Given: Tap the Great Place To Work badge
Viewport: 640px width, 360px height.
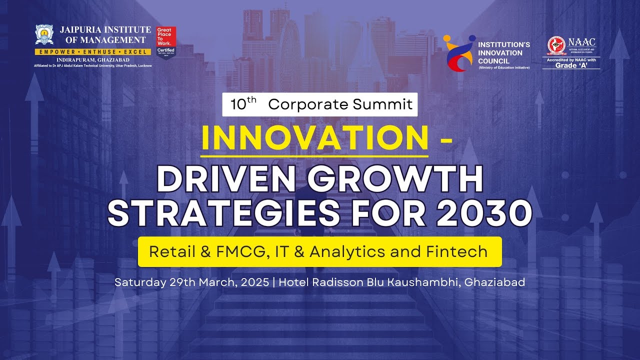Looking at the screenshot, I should (165, 42).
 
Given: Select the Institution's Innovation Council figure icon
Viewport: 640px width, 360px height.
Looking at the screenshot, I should (458, 53).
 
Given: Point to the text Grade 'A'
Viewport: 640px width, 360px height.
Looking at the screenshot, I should (571, 65).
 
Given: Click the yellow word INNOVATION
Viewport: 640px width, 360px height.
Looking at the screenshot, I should (314, 138).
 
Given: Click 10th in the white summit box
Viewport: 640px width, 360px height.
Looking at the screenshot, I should (243, 104).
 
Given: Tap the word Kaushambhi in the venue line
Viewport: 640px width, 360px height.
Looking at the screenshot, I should (428, 282).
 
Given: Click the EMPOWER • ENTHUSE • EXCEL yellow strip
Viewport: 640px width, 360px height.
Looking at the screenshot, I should (92, 52).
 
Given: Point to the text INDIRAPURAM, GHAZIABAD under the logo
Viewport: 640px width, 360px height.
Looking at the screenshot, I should (92, 59).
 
